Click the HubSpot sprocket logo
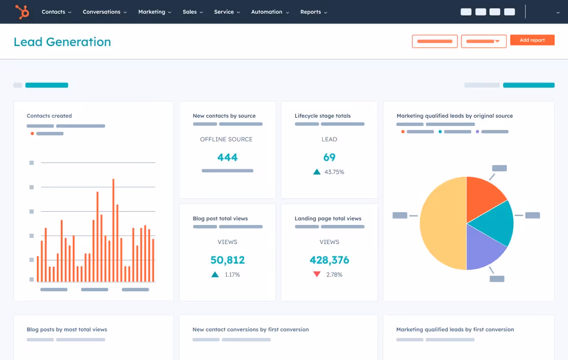pos(22,12)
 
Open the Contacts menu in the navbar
pos(56,12)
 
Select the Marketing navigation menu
pos(155,12)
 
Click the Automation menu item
pos(270,12)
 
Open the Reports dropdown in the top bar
pos(313,12)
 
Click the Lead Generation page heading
pos(62,42)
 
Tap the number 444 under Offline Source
pos(227,157)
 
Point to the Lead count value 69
pos(329,157)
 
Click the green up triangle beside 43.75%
pos(317,172)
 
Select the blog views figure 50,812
pos(227,260)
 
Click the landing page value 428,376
pos(329,260)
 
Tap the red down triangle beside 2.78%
pos(317,274)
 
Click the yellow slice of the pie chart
pos(442,223)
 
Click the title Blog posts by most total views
pos(67,330)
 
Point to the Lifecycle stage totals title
pos(322,116)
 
